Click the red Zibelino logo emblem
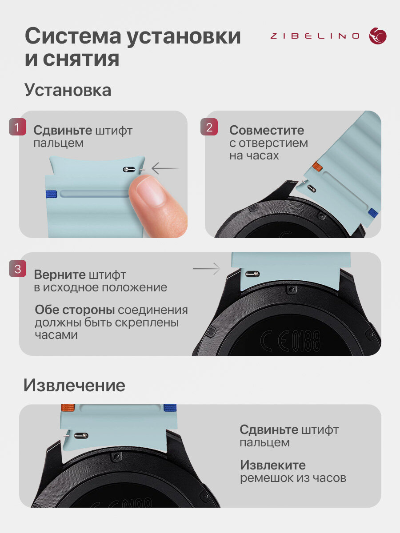(x=378, y=36)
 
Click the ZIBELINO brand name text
(x=315, y=36)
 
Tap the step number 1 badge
(x=17, y=127)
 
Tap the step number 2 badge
(x=209, y=127)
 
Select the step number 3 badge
(x=17, y=269)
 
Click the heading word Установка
(x=68, y=90)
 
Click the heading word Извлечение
(x=74, y=386)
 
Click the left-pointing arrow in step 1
(x=165, y=168)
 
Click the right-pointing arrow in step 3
(x=207, y=269)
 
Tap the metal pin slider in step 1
(x=129, y=169)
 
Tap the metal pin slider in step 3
(x=252, y=274)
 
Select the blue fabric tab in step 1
(x=51, y=194)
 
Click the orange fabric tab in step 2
(x=317, y=166)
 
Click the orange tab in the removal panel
(x=68, y=408)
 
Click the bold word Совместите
(x=267, y=131)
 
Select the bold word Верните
(x=60, y=274)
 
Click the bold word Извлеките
(x=273, y=465)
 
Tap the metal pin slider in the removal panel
(x=81, y=435)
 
